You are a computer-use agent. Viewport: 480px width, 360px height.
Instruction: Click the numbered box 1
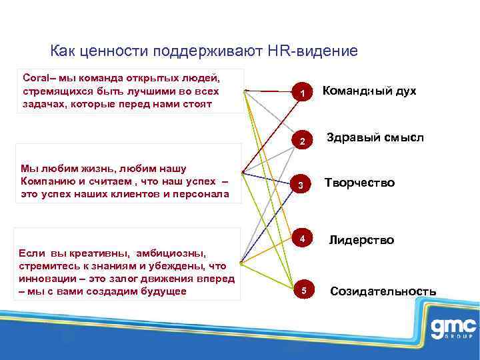pyautogui.click(x=303, y=94)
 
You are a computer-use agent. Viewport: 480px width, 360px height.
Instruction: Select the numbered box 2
pyautogui.click(x=303, y=141)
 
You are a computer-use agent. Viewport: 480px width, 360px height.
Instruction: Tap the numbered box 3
pyautogui.click(x=303, y=185)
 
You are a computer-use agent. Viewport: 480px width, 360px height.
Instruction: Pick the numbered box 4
pyautogui.click(x=303, y=239)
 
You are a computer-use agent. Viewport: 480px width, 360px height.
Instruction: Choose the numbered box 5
pyautogui.click(x=303, y=291)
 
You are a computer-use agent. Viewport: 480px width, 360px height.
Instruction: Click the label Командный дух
pyautogui.click(x=369, y=91)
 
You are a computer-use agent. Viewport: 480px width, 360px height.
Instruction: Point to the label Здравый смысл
pyautogui.click(x=375, y=137)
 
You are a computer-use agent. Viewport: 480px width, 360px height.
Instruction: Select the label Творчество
pyautogui.click(x=359, y=183)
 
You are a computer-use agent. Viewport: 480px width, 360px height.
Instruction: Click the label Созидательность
pyautogui.click(x=383, y=291)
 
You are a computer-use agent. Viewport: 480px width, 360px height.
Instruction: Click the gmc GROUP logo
pyautogui.click(x=453, y=329)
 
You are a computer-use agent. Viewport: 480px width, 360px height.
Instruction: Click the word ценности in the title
pyautogui.click(x=113, y=51)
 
